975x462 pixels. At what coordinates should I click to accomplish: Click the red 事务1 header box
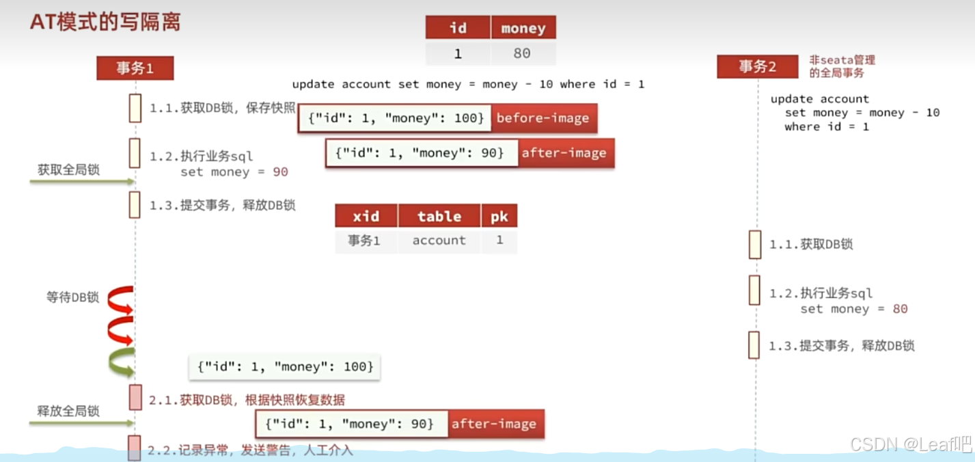(x=135, y=68)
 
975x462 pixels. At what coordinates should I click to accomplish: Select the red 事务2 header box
(x=757, y=67)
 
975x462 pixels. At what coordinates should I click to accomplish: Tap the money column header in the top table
(x=523, y=28)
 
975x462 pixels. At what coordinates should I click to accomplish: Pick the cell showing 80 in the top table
(x=522, y=53)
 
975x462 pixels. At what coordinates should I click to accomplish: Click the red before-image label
(x=543, y=118)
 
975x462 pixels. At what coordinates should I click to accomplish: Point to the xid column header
(x=366, y=216)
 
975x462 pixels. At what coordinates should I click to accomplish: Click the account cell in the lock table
(x=439, y=241)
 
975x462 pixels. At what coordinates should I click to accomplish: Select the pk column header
(x=499, y=216)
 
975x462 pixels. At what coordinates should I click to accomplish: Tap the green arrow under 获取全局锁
(x=82, y=182)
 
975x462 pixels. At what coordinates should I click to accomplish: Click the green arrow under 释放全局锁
(x=82, y=424)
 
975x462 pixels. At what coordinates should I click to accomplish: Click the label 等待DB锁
(x=72, y=297)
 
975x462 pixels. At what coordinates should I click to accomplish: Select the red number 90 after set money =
(x=280, y=172)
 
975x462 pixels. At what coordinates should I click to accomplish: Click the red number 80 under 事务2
(x=900, y=309)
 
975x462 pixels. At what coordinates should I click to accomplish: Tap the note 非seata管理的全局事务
(x=842, y=66)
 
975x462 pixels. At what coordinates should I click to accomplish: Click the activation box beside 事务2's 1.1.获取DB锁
(x=755, y=244)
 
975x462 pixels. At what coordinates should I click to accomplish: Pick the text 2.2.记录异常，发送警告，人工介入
(x=251, y=450)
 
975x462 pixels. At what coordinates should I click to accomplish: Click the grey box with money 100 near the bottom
(x=285, y=367)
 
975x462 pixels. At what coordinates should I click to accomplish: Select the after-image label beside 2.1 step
(x=494, y=424)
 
